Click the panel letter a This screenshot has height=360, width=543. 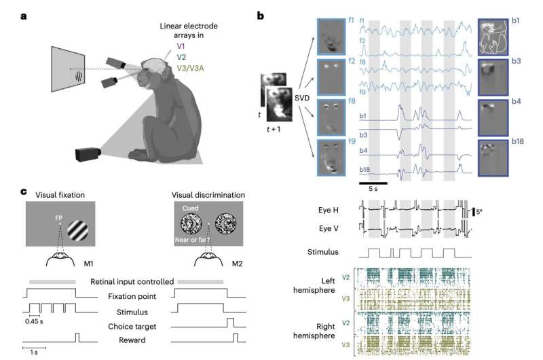[x=24, y=16]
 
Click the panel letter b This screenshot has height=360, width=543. [x=261, y=16]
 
